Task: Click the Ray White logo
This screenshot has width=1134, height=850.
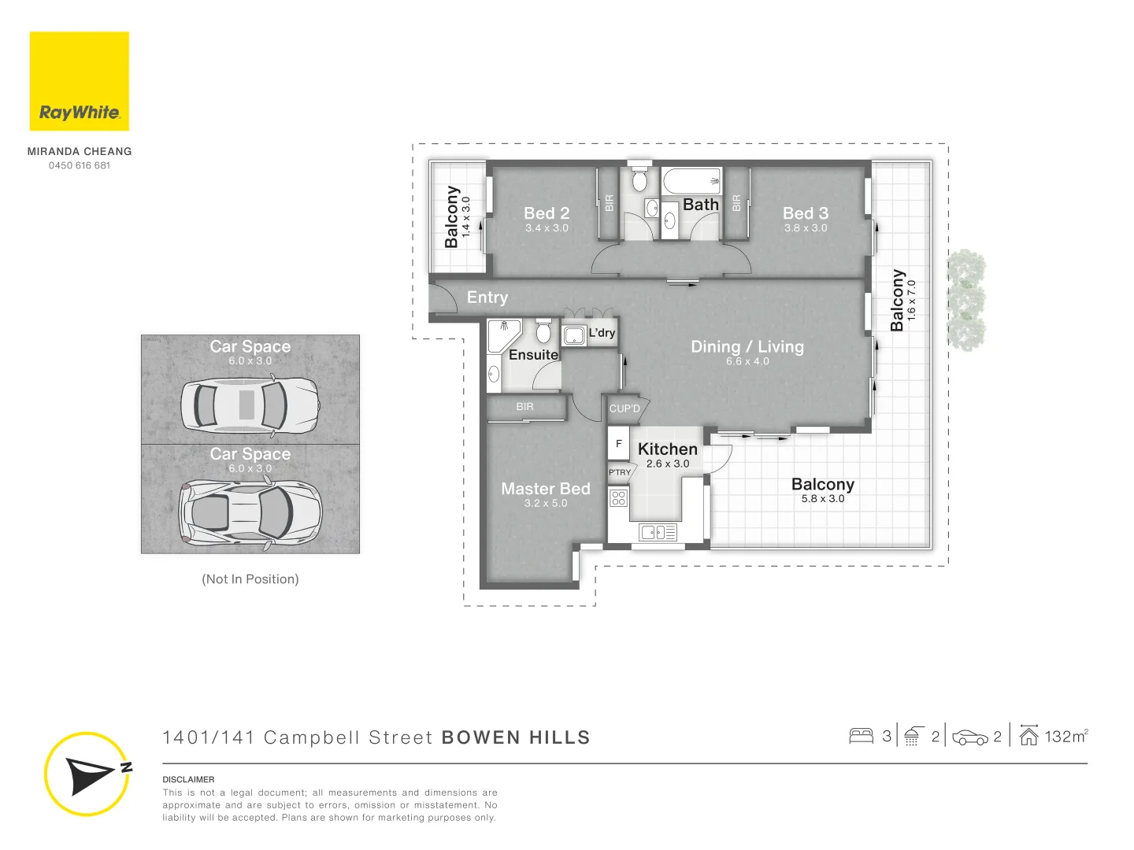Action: (80, 81)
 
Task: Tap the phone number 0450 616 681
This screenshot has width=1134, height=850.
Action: (80, 165)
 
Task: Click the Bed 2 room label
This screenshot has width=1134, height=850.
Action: (547, 213)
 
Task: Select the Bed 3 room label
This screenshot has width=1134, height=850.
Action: (805, 213)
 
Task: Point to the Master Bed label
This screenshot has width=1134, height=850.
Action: (546, 489)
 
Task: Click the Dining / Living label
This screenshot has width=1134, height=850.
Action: (747, 347)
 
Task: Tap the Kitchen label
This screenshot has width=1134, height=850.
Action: (667, 449)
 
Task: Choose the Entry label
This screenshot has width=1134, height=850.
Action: (487, 297)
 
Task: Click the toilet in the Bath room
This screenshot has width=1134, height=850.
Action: (639, 180)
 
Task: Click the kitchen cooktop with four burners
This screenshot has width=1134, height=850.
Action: (618, 497)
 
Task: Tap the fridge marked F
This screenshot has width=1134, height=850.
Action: (618, 444)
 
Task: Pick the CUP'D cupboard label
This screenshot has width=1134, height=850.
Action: (624, 408)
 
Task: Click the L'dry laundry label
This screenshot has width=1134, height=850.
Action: (602, 333)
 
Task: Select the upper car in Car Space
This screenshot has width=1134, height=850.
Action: (250, 405)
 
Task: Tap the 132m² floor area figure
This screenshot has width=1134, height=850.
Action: (1065, 737)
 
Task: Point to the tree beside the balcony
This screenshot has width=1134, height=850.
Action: (965, 299)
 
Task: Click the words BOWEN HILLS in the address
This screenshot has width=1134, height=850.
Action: (516, 737)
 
